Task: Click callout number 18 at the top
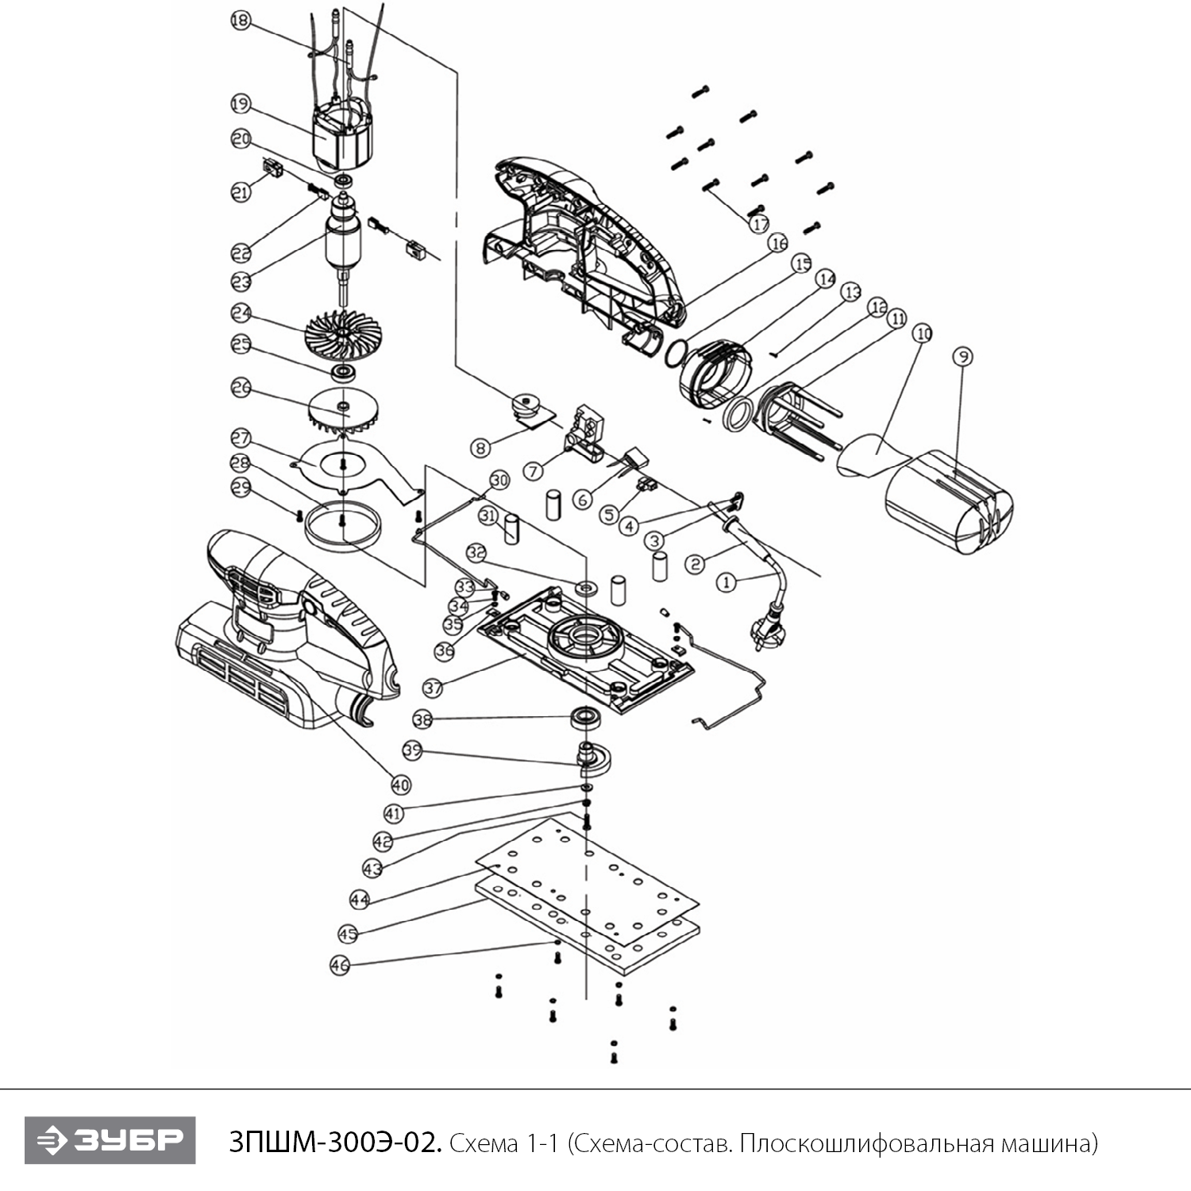[240, 21]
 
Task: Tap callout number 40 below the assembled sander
[401, 784]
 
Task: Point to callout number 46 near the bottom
[340, 965]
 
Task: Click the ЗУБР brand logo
[110, 1140]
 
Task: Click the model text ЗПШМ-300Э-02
[334, 1143]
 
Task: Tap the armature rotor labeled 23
[342, 242]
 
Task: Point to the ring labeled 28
[342, 526]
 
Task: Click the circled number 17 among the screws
[761, 225]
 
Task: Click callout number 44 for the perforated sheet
[360, 900]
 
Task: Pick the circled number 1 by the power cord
[726, 583]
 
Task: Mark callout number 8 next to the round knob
[480, 448]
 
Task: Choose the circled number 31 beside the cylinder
[488, 516]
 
